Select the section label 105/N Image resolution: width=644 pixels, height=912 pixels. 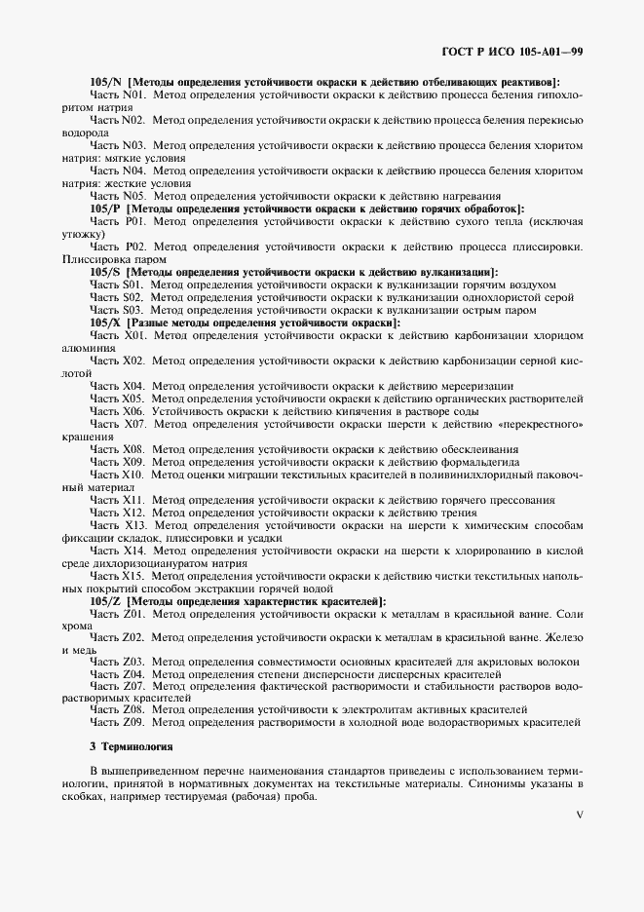[105, 82]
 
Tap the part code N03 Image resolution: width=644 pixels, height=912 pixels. [135, 145]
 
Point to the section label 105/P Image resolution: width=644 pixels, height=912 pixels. [104, 209]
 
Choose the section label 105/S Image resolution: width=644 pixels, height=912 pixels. [104, 272]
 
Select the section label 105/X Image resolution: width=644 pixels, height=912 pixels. [105, 323]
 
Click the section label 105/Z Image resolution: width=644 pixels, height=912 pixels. [104, 601]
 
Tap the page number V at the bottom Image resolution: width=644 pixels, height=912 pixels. [579, 815]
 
